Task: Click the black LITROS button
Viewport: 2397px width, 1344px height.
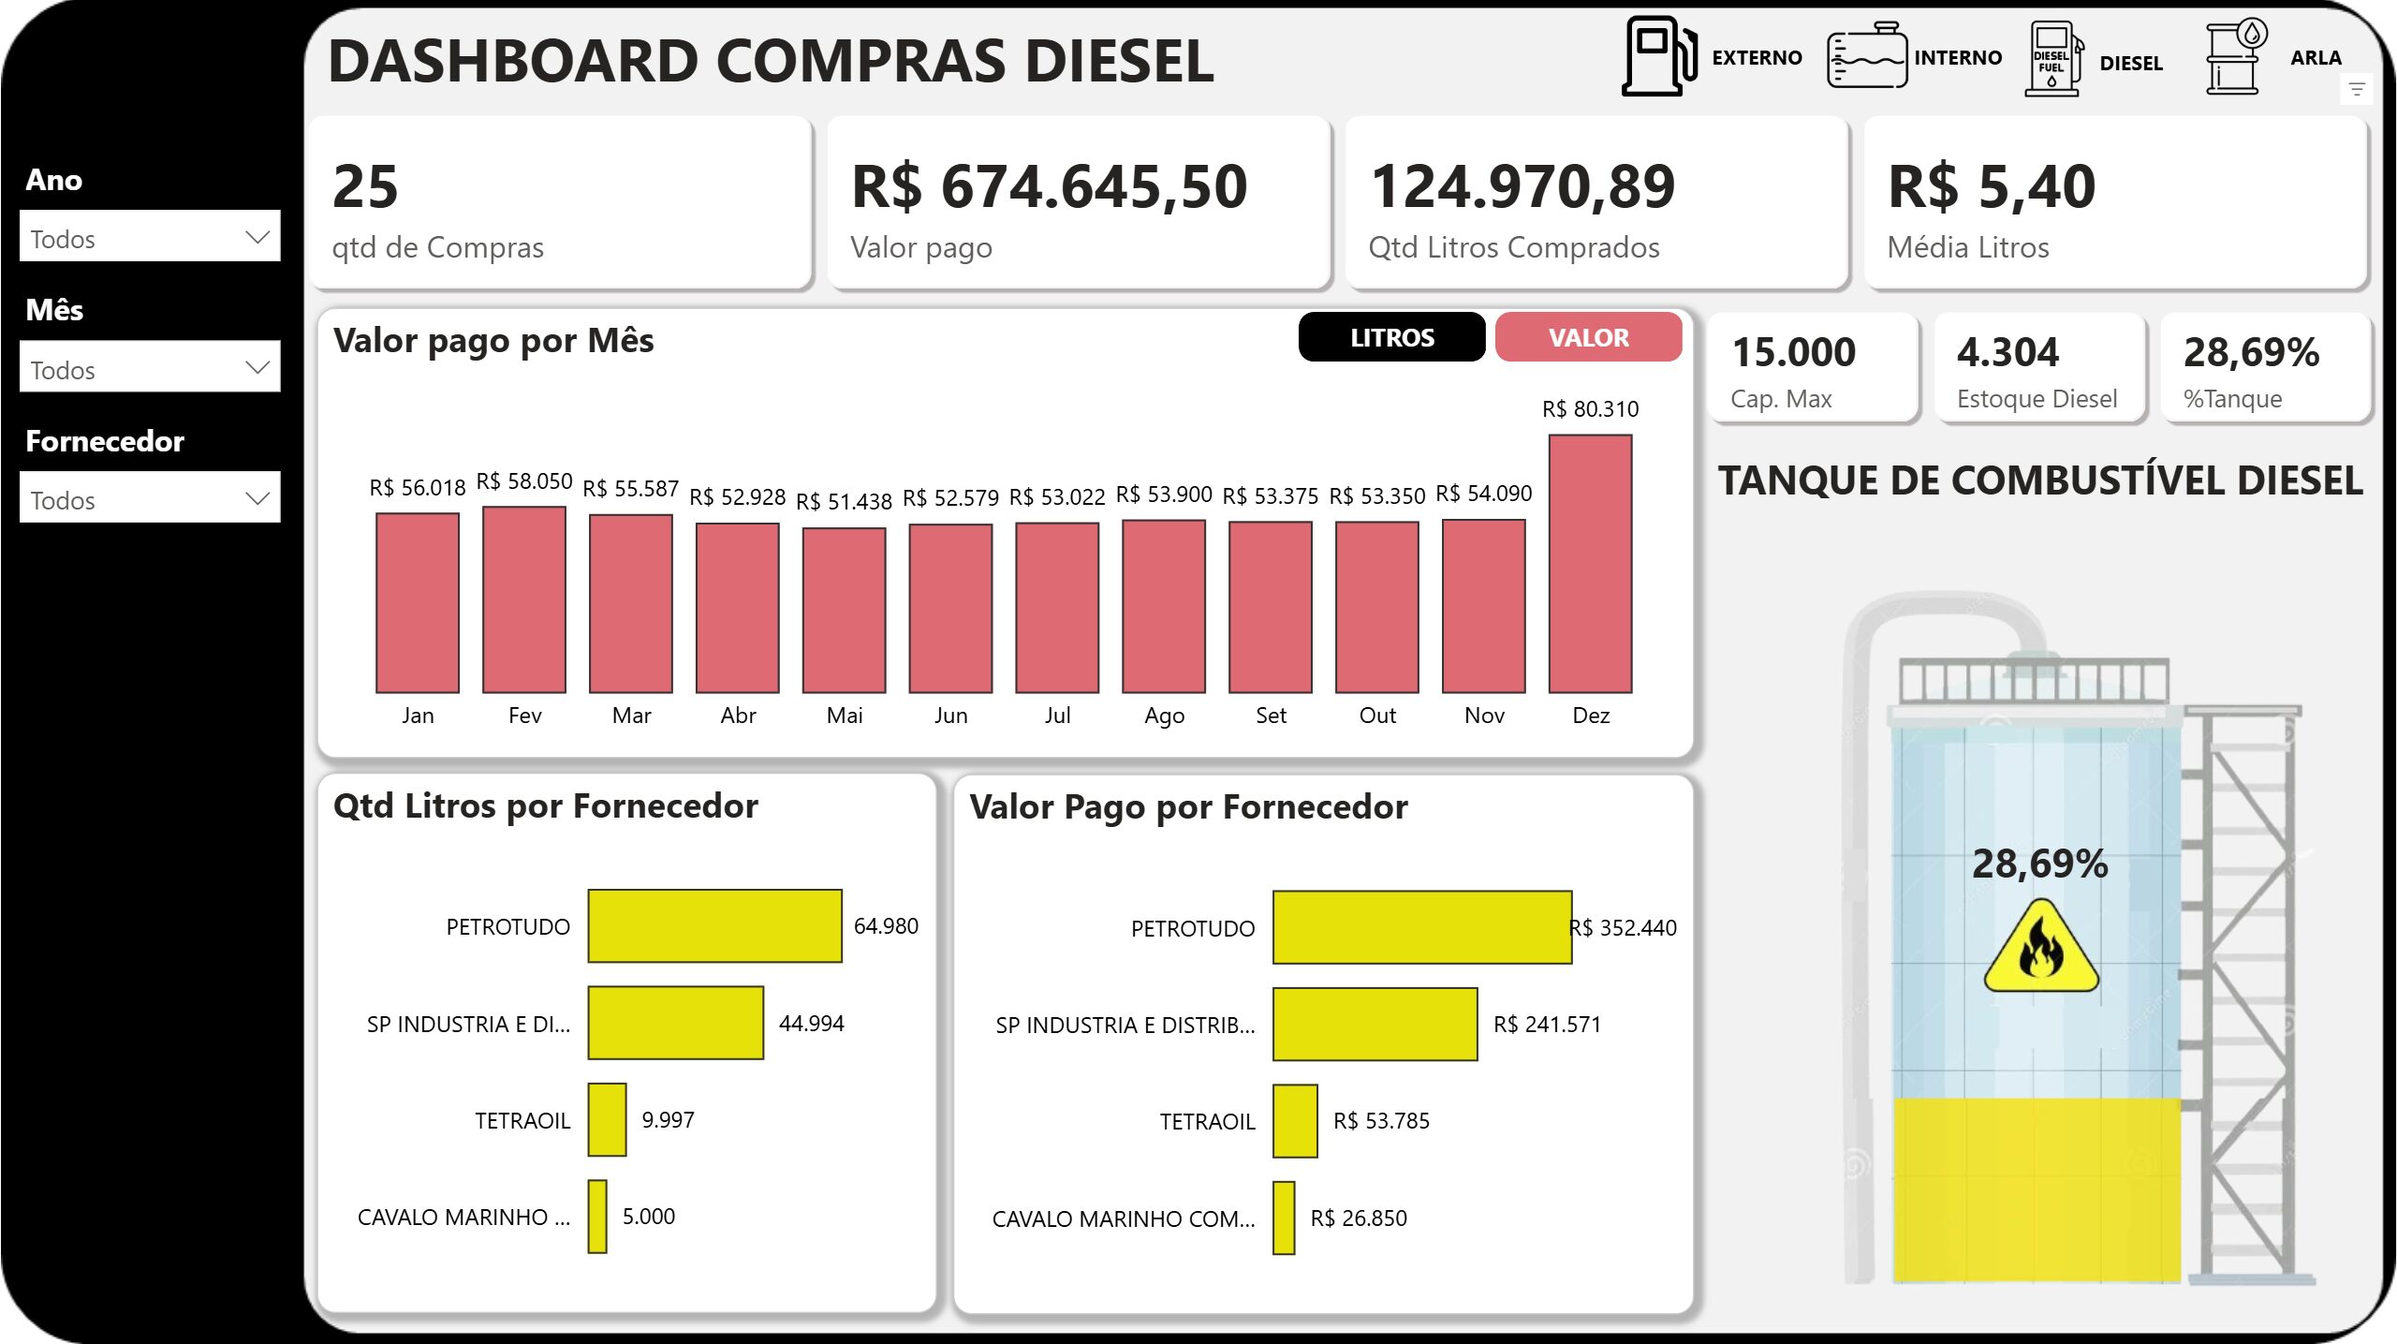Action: (x=1391, y=337)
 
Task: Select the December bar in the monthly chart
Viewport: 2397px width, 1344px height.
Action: (x=1590, y=564)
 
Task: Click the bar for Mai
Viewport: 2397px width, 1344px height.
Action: (x=844, y=610)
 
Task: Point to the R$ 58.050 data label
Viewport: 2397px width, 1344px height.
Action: (x=523, y=481)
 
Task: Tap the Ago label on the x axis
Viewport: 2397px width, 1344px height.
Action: (x=1164, y=716)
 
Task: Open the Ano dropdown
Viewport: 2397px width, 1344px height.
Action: (x=150, y=238)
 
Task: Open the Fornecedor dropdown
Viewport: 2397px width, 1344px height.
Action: (x=150, y=498)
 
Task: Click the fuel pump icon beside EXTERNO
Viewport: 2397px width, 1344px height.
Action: (x=1658, y=57)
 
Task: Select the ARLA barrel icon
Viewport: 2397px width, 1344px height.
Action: (x=2235, y=57)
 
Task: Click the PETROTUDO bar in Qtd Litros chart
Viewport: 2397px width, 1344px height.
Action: (x=714, y=925)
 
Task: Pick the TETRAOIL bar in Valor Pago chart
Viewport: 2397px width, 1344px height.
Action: (x=1295, y=1120)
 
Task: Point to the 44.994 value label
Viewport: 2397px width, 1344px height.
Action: (x=811, y=1023)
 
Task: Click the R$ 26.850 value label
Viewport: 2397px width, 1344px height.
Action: (x=1358, y=1218)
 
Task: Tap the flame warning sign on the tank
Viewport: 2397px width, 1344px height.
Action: (x=2041, y=948)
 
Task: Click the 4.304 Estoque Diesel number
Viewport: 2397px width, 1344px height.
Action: (x=2007, y=353)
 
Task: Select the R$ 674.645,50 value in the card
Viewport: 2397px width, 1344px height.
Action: (x=1049, y=186)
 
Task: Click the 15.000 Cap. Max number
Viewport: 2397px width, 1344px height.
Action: (x=1793, y=353)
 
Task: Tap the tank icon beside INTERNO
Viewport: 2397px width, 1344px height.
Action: (x=1866, y=57)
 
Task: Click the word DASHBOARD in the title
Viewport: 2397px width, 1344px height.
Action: (x=512, y=62)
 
